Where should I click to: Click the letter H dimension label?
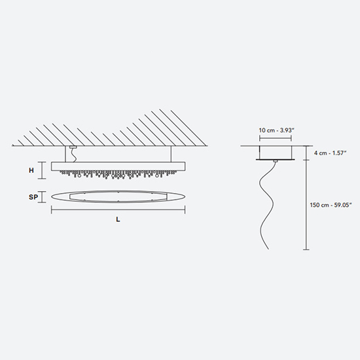coord(31,170)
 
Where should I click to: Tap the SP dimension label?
coord(33,197)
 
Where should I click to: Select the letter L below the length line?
coord(118,219)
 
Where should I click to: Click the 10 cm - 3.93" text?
coord(276,130)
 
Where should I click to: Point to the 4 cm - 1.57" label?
coord(330,153)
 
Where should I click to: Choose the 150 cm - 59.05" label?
coord(331,205)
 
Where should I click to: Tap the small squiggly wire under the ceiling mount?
coord(73,155)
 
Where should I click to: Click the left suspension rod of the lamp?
coord(65,154)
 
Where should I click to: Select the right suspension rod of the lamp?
coord(171,154)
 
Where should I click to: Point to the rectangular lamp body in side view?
coord(118,166)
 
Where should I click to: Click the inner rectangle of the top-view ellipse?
coord(118,197)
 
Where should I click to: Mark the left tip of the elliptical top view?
coord(51,197)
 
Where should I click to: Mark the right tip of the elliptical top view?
coord(185,197)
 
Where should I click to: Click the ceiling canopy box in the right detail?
coord(276,153)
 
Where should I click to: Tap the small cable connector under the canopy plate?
coord(276,161)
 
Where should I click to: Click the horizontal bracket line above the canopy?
coord(276,138)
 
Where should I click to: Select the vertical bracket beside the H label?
coord(42,170)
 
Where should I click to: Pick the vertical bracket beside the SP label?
coord(42,197)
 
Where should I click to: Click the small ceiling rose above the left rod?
coord(73,147)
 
